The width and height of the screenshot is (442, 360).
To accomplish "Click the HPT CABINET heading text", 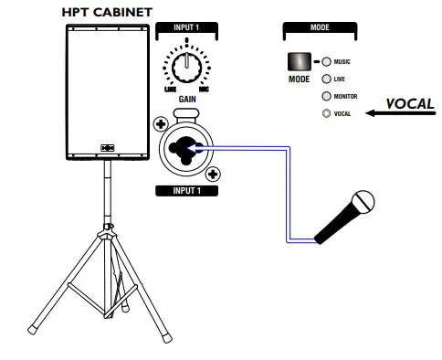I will tap(106, 12).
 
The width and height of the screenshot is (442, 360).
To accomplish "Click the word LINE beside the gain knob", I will tap(169, 89).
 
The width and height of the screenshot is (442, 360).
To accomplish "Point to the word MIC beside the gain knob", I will tap(206, 89).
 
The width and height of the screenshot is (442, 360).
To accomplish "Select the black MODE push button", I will tap(298, 62).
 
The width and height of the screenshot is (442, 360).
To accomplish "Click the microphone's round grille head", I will tap(364, 201).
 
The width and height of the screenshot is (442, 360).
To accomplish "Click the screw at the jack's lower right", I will tap(214, 173).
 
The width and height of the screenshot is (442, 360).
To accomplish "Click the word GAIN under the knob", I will tap(187, 100).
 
